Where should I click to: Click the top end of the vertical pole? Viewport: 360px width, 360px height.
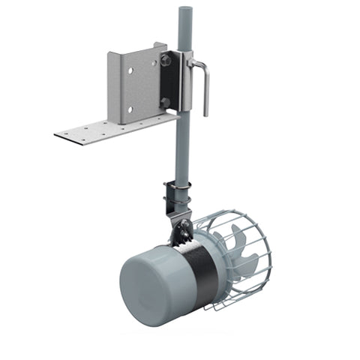click(x=184, y=10)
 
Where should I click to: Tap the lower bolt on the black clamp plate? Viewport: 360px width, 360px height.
click(x=163, y=103)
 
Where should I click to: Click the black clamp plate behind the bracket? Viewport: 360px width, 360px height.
click(x=172, y=81)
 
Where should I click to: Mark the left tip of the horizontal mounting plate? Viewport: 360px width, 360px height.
click(x=57, y=135)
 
